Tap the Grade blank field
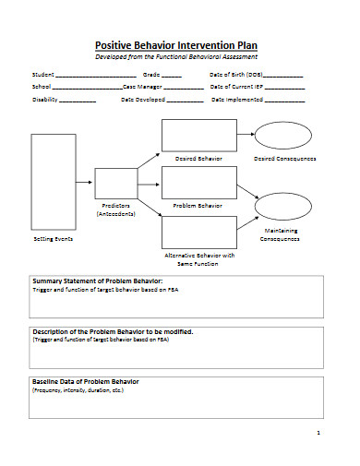click(173, 76)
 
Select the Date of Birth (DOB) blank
click(283, 76)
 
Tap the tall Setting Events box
click(54, 183)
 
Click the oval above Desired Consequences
click(283, 135)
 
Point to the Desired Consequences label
click(284, 158)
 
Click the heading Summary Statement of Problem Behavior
click(97, 281)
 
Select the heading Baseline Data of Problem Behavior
click(85, 380)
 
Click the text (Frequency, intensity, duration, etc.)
click(78, 389)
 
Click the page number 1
click(318, 432)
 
